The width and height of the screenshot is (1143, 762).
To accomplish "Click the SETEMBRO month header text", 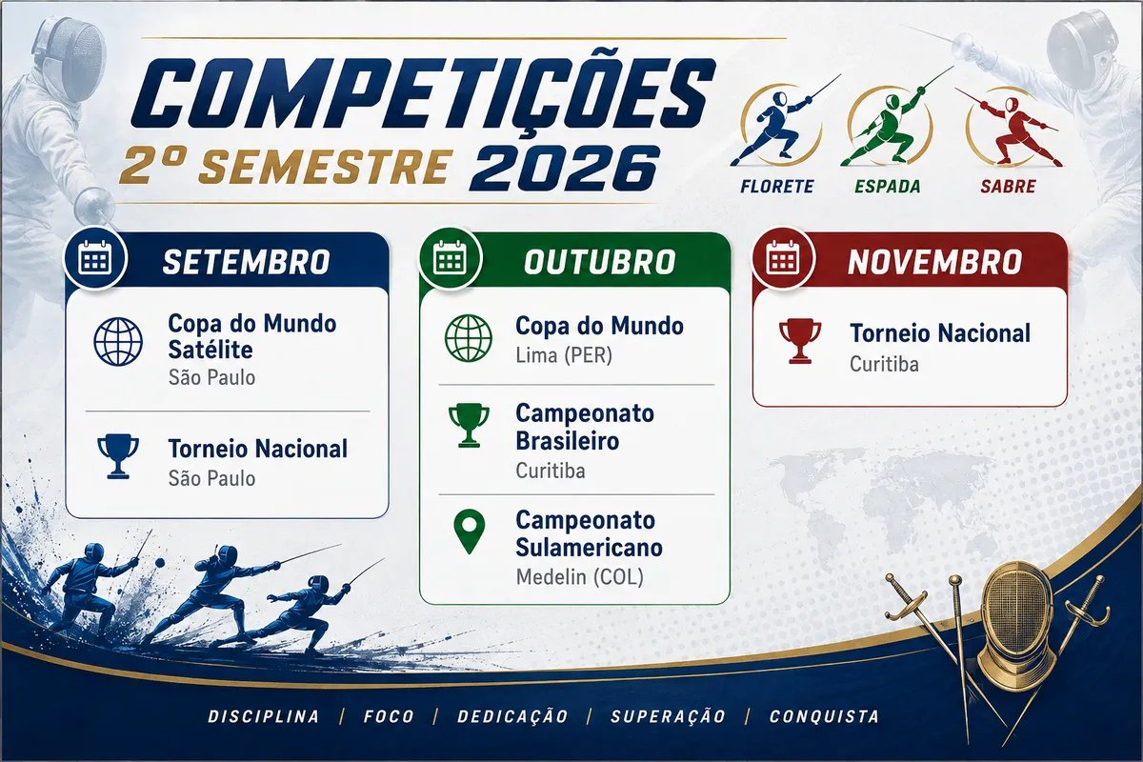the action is pos(246,262).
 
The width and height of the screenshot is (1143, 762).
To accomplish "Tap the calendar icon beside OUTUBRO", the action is pos(450,258).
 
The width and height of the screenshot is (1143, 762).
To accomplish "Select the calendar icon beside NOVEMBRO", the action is pos(783,258).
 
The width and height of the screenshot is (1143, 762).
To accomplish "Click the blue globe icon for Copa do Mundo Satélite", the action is pos(118,341).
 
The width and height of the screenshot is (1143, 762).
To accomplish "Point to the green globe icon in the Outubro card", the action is pos(469,338).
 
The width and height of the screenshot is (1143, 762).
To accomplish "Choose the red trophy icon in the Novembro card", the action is pos(800,341).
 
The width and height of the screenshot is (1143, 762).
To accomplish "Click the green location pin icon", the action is pos(469,531).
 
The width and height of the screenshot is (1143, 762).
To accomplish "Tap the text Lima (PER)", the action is pos(564,355).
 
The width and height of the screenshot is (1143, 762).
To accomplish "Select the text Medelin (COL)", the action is pos(580,577).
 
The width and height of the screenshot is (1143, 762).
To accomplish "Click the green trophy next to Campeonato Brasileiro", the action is pos(469,425).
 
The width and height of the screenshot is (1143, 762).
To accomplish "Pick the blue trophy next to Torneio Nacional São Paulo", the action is pos(118,456).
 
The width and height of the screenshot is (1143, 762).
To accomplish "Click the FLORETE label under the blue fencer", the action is pos(776,187).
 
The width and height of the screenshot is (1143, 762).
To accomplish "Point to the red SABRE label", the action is pos(1008,187).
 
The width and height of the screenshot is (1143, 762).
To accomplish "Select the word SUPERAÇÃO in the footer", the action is pos(668,716).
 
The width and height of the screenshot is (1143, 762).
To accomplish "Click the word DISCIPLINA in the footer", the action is pos(264,716).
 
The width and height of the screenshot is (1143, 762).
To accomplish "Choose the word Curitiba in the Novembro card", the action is pos(884,365).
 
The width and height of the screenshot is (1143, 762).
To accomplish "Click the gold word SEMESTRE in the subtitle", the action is pos(327,167).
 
